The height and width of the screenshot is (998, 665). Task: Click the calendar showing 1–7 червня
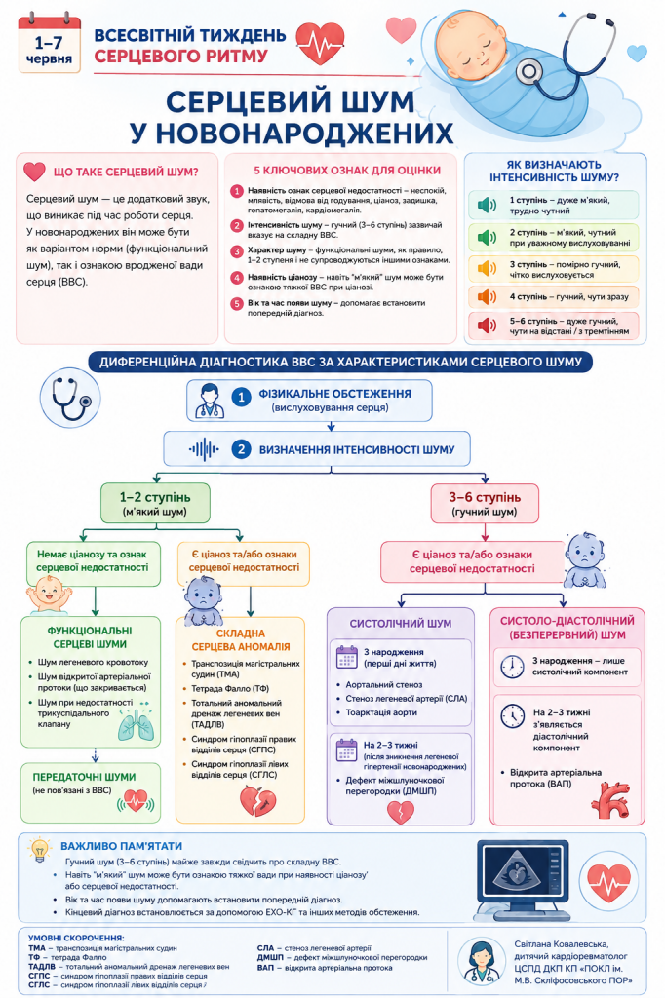[49, 45]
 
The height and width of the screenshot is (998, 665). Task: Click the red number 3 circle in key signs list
[237, 251]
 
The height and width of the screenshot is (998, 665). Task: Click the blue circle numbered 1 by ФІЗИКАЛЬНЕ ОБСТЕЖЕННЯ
[241, 398]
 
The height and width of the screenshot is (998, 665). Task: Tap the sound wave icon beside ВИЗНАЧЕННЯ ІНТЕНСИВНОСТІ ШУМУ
[204, 449]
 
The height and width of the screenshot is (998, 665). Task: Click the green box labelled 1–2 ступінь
[155, 504]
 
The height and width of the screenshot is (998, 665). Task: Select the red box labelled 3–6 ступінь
[485, 504]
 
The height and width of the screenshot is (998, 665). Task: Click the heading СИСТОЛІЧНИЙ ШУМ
[401, 624]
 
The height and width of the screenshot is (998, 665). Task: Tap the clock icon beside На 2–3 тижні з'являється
[512, 716]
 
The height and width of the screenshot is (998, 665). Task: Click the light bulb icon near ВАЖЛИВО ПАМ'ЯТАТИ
[40, 849]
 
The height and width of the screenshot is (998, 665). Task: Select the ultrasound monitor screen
[525, 876]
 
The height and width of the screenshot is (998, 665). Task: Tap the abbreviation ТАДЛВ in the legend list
[41, 966]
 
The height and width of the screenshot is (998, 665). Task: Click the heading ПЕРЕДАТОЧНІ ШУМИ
[84, 777]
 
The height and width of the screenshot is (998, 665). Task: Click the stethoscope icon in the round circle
[70, 398]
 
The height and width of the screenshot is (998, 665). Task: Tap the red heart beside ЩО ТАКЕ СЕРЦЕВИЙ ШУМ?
[34, 172]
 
